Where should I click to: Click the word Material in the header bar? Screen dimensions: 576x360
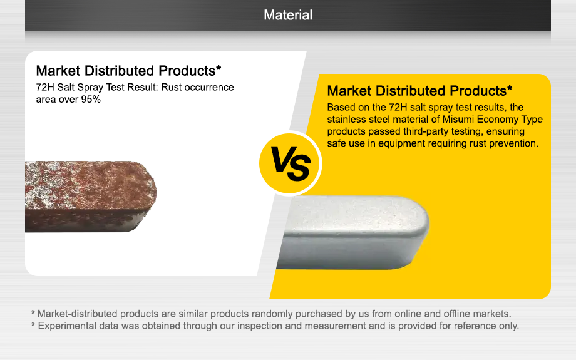288,15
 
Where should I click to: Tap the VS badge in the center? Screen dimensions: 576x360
291,163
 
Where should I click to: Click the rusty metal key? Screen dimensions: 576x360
91,197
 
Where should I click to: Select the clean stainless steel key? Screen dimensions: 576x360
352,232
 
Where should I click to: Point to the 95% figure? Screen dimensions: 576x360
91,100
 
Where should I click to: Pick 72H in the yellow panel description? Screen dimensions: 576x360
398,107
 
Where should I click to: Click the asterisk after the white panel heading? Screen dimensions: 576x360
219,68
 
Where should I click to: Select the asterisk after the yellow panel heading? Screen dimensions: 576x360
510,88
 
